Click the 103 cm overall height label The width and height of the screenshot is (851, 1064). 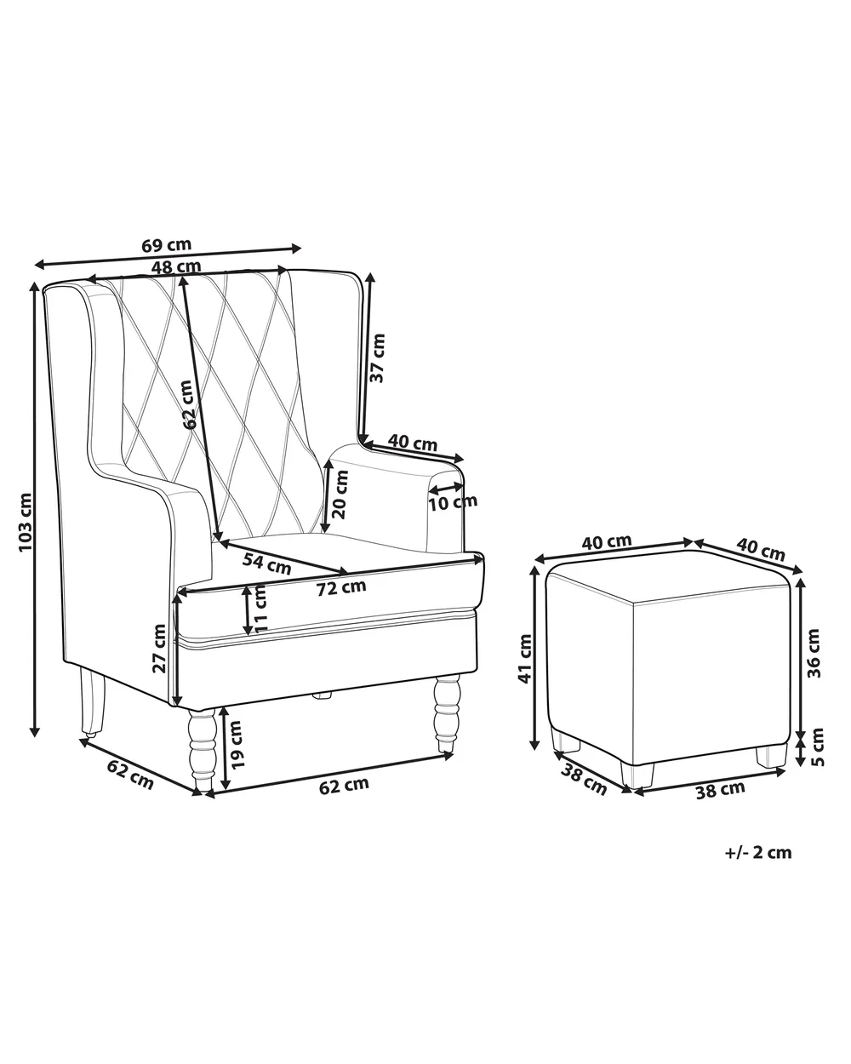coord(26,522)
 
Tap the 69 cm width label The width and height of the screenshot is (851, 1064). coord(166,244)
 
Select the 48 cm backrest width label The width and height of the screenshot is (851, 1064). coord(176,266)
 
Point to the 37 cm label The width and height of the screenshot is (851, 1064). coord(377,358)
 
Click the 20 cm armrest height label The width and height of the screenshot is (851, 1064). coord(340,494)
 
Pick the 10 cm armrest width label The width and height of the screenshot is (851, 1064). coord(453,503)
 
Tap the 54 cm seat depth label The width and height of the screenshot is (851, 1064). coord(266,563)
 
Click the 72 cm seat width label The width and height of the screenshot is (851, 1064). coord(341,587)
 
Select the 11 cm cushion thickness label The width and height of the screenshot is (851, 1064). coord(260,608)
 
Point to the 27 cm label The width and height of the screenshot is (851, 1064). coord(159,649)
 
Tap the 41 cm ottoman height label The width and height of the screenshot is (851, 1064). coord(525,659)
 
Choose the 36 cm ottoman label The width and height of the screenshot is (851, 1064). coord(814,653)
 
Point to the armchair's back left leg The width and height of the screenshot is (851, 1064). coord(93,704)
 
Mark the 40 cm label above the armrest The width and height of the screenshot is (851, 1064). coord(413,442)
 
